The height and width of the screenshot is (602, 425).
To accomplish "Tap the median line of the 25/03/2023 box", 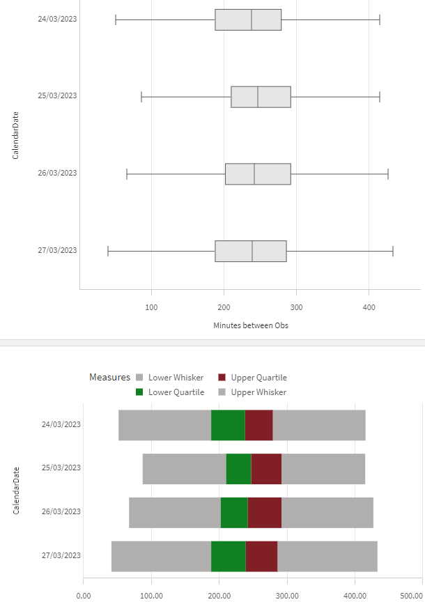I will tap(258, 97).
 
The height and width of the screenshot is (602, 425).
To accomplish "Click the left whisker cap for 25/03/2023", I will tap(141, 97).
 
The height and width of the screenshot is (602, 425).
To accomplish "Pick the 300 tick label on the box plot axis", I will tap(297, 307).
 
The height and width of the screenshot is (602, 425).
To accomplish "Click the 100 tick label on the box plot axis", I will tap(151, 307).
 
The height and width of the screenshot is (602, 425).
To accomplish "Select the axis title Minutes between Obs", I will tap(251, 325).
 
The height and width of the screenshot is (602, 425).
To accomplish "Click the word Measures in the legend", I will tap(109, 378).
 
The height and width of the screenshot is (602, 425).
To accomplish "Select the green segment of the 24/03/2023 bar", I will tap(228, 425).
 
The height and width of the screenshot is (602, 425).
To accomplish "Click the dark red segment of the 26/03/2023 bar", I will tap(264, 512).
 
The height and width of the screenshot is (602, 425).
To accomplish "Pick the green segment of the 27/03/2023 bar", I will tap(228, 556).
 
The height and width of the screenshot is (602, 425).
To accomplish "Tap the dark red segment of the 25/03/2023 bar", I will tap(266, 468).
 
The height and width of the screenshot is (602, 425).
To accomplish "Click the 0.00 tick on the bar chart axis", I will tap(83, 596).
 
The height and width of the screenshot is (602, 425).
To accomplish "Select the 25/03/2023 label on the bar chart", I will tap(61, 468).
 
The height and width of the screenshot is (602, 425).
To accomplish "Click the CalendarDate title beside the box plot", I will tap(16, 135).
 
